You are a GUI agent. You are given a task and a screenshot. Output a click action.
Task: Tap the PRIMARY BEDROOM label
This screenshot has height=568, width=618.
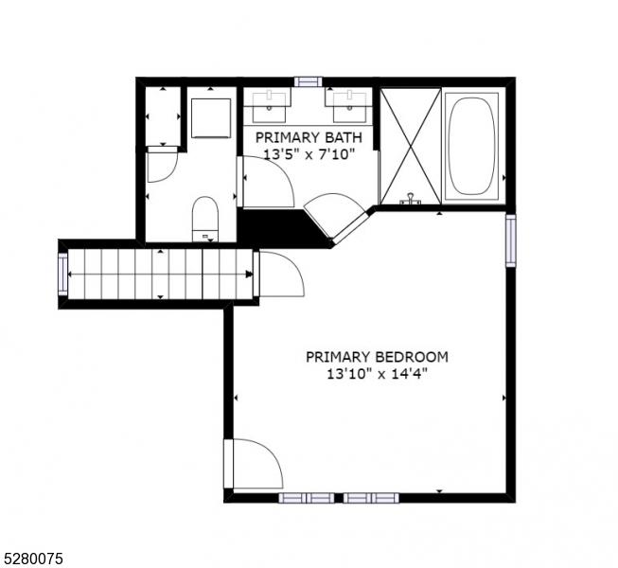coord(377,357)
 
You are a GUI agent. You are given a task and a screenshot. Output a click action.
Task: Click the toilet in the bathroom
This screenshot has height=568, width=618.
coord(205,217)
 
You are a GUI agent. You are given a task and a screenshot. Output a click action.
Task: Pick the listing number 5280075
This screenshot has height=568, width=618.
coord(32,559)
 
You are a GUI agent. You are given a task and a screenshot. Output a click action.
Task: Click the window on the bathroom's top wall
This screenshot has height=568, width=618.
coord(308,81)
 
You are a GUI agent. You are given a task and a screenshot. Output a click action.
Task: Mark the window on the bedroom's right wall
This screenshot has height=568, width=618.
coord(511,240)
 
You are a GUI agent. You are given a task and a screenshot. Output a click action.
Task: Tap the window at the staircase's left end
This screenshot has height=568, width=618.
coord(63,275)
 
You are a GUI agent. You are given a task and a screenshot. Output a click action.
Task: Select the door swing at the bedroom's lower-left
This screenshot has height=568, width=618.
coord(254,465)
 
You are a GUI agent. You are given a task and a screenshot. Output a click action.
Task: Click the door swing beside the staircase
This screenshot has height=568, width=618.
coord(279,275)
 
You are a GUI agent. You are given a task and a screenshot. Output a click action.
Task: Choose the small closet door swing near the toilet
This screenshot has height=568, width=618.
coord(162,167)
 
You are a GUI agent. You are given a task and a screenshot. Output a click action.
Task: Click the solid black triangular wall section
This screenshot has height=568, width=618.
coord(274,227)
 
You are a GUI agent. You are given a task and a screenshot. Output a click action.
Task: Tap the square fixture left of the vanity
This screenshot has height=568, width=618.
coord(211,116)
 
